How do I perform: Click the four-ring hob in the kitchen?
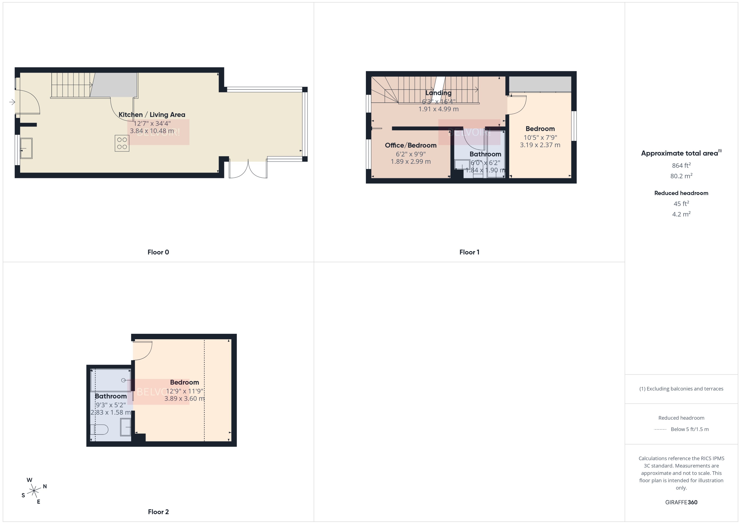122,143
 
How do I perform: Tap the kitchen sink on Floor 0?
26,149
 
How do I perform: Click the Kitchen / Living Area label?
152,114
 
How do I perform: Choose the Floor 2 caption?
158,512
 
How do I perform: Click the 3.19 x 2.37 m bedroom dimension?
540,145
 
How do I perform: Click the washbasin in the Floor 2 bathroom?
126,427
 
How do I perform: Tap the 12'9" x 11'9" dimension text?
184,391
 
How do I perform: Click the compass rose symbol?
34,491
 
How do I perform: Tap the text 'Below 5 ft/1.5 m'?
690,429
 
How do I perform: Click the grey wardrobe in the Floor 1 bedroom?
540,84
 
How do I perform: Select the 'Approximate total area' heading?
680,153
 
